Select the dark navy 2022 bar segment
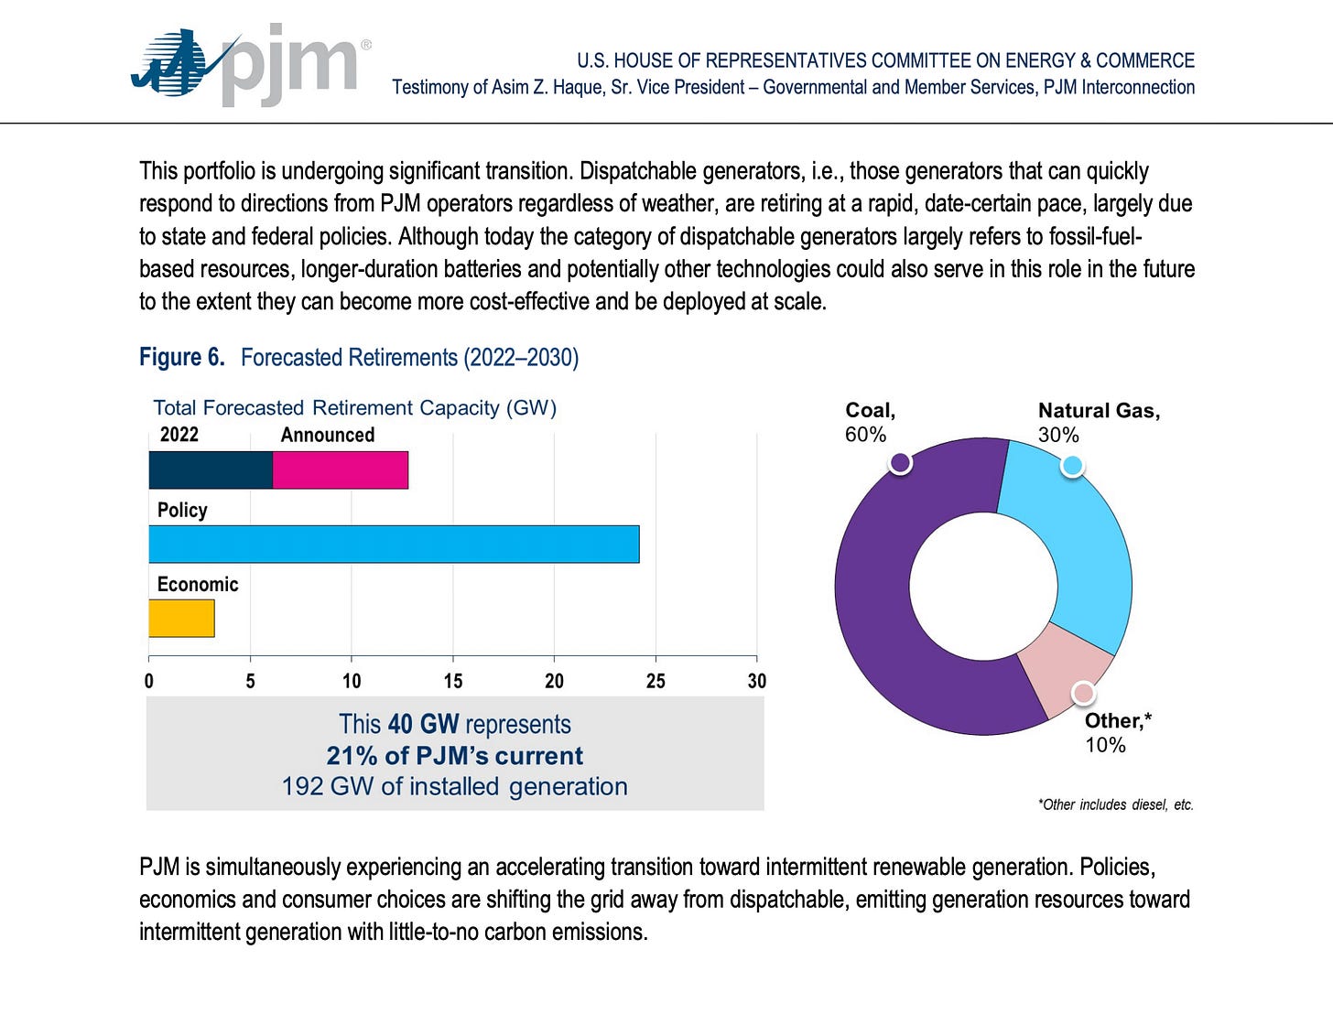(x=211, y=470)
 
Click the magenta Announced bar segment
(x=340, y=470)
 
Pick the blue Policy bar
(x=394, y=545)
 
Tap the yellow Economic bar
(x=181, y=619)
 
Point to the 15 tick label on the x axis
(x=453, y=681)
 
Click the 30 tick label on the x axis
(x=756, y=681)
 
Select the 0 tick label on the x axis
(x=149, y=681)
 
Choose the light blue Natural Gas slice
(x=1071, y=540)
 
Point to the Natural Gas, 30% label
(x=1099, y=423)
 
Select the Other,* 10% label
(x=1117, y=733)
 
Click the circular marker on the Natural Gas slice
(x=1072, y=465)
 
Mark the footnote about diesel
(x=1115, y=804)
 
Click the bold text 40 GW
(x=423, y=724)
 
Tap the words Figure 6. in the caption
(x=182, y=357)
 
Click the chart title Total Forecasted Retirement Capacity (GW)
(x=354, y=408)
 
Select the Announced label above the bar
(x=327, y=435)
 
